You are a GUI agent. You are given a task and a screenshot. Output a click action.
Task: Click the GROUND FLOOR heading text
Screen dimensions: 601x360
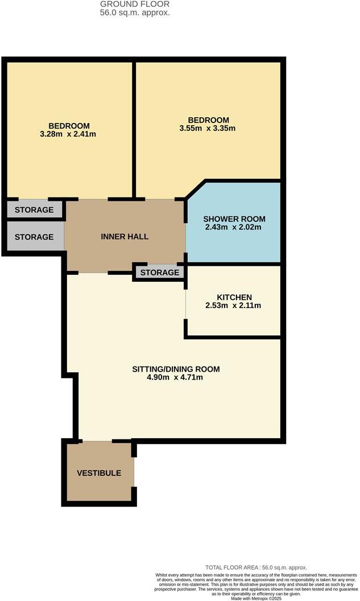(x=135, y=4)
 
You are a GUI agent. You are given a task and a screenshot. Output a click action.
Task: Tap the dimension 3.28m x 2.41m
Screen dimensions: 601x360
(x=69, y=134)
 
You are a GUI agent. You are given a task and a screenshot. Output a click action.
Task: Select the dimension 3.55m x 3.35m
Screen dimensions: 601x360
(x=208, y=128)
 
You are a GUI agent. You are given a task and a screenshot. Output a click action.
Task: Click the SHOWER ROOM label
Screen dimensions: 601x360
(x=234, y=219)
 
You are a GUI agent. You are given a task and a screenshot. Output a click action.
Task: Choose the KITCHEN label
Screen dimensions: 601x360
(x=234, y=297)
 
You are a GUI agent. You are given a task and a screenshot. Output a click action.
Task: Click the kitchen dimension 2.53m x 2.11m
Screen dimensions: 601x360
(x=233, y=306)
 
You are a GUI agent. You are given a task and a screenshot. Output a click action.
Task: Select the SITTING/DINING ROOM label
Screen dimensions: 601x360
(x=176, y=369)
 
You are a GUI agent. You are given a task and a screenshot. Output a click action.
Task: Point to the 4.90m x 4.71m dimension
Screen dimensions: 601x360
(x=175, y=377)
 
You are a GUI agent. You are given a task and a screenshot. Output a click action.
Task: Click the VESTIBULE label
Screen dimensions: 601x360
(x=99, y=473)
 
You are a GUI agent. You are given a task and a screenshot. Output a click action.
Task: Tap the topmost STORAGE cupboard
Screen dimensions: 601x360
(x=34, y=210)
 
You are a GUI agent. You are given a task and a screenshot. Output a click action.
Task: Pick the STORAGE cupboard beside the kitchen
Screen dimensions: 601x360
(x=160, y=273)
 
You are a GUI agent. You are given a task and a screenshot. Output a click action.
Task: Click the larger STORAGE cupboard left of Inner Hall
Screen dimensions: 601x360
(x=34, y=237)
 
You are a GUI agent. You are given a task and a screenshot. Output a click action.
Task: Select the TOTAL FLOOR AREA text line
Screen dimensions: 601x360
(x=256, y=567)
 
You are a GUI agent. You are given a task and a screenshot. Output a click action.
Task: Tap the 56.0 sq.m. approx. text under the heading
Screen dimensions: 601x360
(x=135, y=12)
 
